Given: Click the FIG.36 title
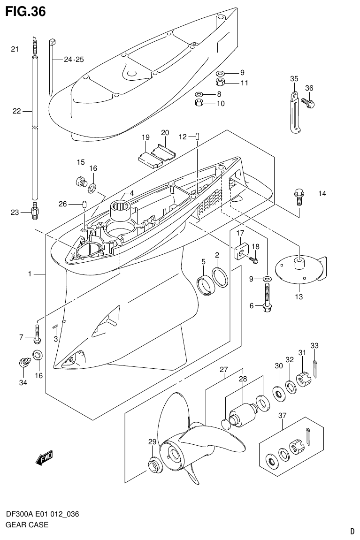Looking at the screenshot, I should (25, 11).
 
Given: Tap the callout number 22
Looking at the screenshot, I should (17, 111).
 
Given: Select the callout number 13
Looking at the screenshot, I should (299, 297).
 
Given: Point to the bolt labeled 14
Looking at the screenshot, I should (298, 196).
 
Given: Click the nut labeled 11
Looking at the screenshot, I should (220, 83).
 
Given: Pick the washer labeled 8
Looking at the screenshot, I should (199, 94).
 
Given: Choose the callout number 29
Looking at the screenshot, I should (152, 441).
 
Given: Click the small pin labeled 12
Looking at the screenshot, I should (198, 137).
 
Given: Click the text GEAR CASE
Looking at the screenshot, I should (27, 525).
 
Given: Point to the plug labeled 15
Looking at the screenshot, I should (82, 181).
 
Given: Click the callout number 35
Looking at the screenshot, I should (294, 79).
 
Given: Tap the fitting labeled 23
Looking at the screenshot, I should (35, 213).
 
